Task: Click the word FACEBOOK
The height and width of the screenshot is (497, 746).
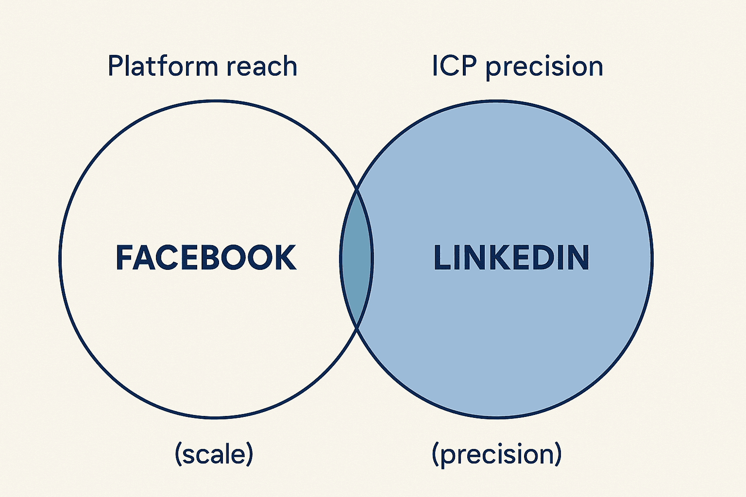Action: [x=206, y=258]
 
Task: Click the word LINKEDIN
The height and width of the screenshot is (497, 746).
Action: [x=511, y=258]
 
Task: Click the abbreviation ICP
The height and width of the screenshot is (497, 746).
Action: [x=454, y=66]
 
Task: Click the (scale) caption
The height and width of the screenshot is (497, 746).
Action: [x=214, y=454]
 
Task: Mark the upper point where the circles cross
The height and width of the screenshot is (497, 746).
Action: [x=357, y=189]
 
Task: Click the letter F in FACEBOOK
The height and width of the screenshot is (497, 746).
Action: [x=124, y=258]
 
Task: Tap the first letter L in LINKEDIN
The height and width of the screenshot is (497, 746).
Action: [x=441, y=258]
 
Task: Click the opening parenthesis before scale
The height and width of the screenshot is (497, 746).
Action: [x=178, y=454]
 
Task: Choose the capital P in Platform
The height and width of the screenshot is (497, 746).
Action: [x=115, y=66]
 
